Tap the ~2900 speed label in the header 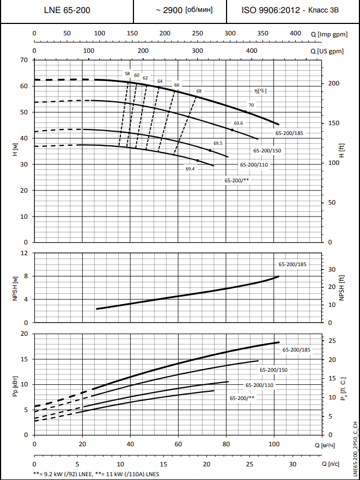(184, 10)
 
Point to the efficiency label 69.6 (238, 124)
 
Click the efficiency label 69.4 (190, 169)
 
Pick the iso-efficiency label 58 (127, 73)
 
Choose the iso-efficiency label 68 (199, 91)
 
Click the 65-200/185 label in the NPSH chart (292, 264)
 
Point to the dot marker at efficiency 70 (245, 112)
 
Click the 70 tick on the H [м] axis (24, 60)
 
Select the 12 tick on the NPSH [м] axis (24, 254)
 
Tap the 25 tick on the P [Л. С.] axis (332, 341)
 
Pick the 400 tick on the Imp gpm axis (295, 34)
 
